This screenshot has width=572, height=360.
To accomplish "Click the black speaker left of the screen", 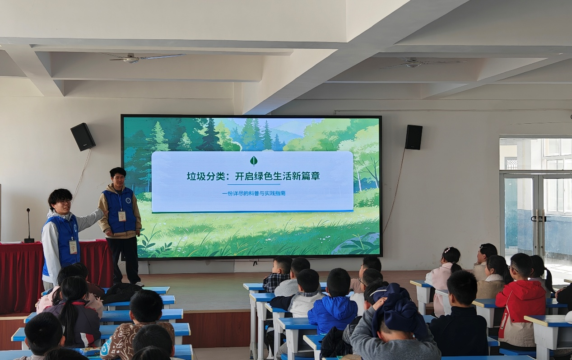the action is [83, 137].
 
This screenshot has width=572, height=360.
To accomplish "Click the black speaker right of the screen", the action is [414, 137].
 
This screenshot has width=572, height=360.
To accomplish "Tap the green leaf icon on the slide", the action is [254, 161].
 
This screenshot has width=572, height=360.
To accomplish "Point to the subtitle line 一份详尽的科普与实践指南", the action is [254, 193].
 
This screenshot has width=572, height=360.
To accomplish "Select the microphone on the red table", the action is [28, 226].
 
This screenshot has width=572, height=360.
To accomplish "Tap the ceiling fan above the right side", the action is [419, 63].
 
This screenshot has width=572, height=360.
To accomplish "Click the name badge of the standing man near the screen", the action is [122, 216].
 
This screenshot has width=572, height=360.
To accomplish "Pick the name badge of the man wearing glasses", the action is [73, 247].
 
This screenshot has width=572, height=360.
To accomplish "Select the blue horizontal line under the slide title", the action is [254, 184].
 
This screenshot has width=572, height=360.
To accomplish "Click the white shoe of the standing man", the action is [140, 284].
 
